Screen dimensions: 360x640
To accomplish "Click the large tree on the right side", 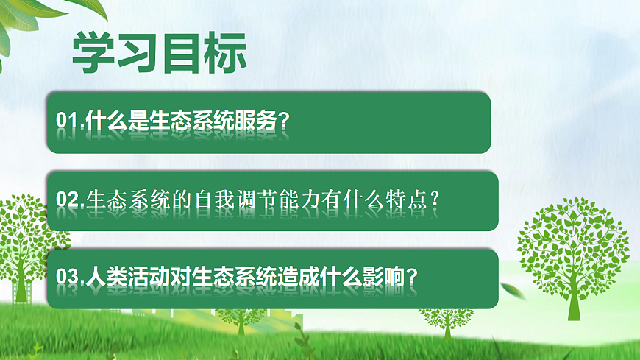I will pyautogui.click(x=571, y=243).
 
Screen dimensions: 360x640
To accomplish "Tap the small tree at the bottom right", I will pyautogui.click(x=446, y=317).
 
